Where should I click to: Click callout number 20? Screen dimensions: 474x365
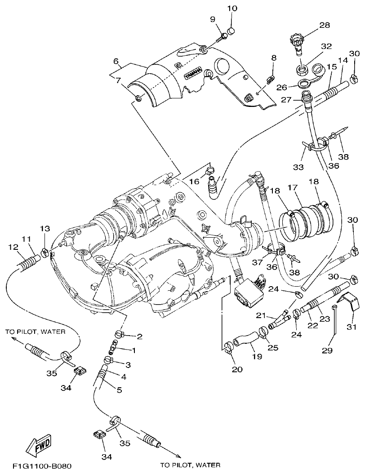point(237,369)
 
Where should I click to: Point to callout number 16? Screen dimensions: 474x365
point(194,181)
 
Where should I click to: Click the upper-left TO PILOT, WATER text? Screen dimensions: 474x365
point(36,332)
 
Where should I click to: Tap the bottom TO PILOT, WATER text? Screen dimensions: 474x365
point(190,465)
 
